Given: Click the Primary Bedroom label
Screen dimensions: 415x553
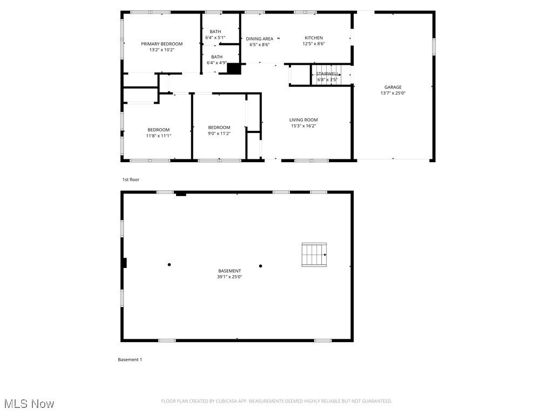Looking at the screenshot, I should pos(161,44).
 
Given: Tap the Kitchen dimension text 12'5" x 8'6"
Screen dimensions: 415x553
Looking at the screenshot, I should pos(314,44).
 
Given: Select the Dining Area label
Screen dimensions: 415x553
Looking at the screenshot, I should pos(259,39).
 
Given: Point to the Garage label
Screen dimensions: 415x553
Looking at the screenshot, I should pos(393,87).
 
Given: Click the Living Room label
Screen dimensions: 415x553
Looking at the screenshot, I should pos(303,120).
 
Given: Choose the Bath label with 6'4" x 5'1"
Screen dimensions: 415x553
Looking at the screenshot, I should pos(217,32).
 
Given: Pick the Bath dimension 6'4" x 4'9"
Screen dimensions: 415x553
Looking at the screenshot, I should pos(217,63).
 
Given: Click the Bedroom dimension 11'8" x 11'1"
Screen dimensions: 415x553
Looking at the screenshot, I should pos(158,136).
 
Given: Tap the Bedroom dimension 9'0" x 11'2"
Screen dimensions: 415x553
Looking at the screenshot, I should pos(219,133).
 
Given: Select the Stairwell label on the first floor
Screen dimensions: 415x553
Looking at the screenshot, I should pos(327,73).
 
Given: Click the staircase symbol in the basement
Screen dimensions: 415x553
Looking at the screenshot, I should pos(314,255).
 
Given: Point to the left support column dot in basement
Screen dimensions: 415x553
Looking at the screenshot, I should pos(169,265).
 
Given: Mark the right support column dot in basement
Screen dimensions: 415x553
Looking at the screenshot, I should pos(260,266).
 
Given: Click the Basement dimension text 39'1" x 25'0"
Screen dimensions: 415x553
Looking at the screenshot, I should pos(230,277).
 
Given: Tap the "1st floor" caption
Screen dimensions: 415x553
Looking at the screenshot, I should pos(131,179).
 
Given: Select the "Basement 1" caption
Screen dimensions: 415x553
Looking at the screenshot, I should pos(130,359).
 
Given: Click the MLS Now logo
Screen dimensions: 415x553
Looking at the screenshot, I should pos(29,404).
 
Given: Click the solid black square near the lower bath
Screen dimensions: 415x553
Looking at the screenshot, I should pos(234,69).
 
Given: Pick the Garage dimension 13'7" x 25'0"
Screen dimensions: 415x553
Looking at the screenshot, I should pos(393,93).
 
